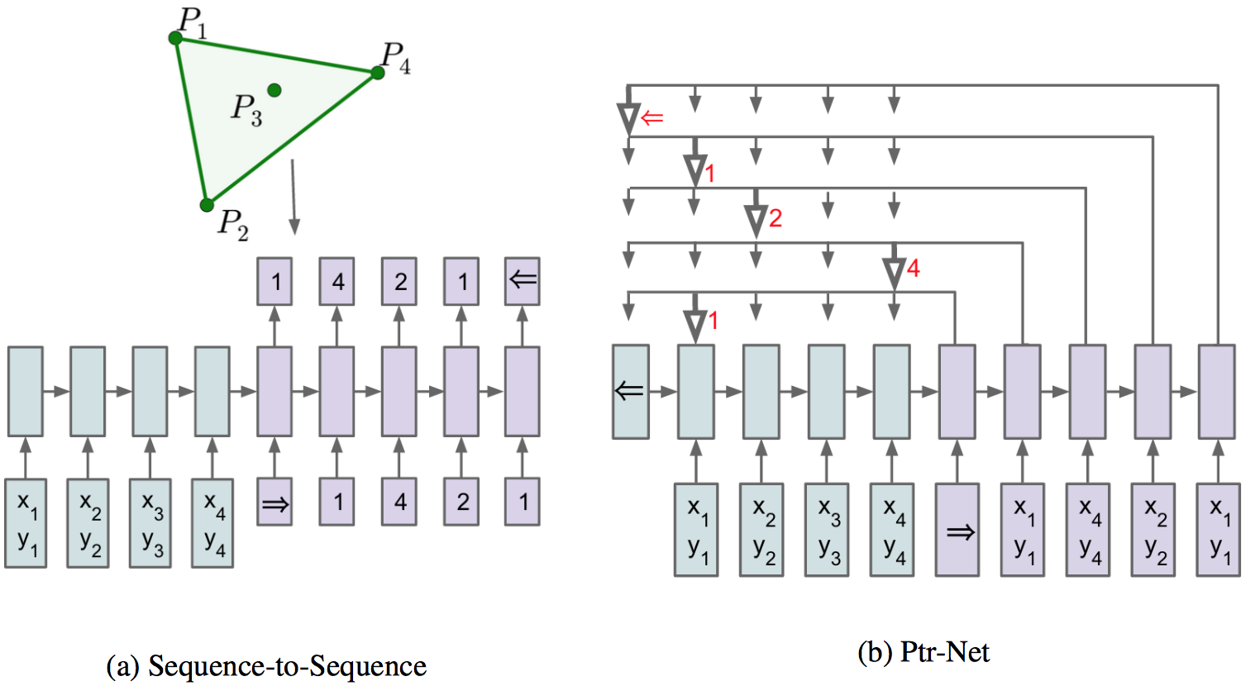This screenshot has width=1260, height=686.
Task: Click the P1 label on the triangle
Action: [193, 22]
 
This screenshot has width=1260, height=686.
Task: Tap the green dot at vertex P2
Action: [208, 205]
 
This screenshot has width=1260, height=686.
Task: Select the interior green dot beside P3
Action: [274, 90]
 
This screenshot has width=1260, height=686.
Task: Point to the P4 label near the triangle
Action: [395, 57]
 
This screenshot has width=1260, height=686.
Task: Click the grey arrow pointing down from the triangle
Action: [294, 198]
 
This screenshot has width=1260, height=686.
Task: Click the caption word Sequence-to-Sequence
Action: [287, 666]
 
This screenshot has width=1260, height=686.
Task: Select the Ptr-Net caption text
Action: [944, 652]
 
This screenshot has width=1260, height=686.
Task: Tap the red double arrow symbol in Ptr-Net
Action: [652, 118]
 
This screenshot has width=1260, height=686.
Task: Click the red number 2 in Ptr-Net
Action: [775, 218]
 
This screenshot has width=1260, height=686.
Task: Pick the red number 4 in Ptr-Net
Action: [913, 268]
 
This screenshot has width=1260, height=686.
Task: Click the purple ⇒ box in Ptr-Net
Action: [957, 530]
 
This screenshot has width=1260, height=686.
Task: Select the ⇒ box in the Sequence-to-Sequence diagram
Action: [274, 502]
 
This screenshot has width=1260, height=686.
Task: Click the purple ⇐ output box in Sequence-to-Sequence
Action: [523, 281]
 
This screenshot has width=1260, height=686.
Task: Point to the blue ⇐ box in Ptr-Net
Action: [630, 391]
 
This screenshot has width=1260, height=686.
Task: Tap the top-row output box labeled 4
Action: [337, 281]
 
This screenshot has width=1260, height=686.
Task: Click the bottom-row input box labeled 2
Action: [462, 502]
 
